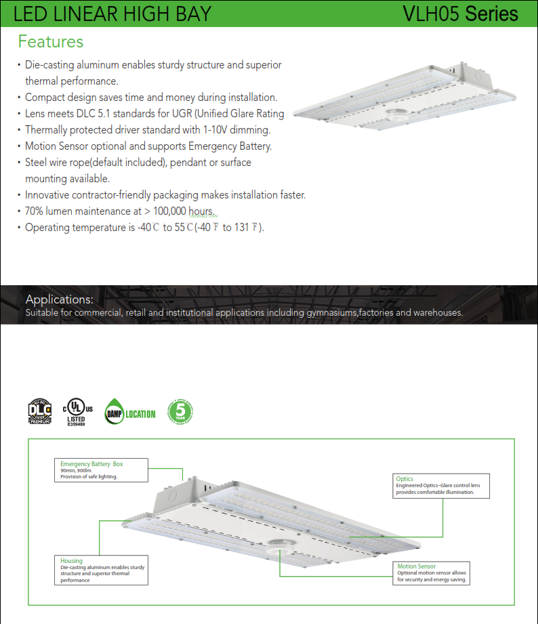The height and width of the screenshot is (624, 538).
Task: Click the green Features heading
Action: [51, 41]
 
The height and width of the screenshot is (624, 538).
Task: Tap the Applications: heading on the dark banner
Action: [59, 299]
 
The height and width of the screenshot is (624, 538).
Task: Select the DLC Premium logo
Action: [40, 412]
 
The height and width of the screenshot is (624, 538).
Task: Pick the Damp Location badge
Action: [130, 413]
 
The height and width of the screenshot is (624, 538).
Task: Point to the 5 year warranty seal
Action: [180, 411]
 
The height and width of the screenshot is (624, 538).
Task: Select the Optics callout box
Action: [442, 486]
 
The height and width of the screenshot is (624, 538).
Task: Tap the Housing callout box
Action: [101, 570]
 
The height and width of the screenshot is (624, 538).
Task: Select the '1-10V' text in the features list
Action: [218, 130]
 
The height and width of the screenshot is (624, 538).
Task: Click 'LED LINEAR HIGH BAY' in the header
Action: [112, 14]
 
